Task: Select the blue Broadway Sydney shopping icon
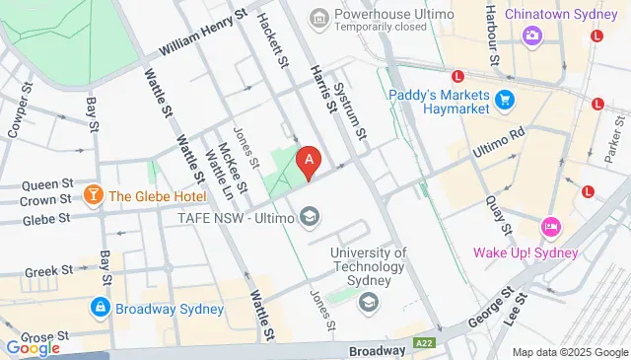[101, 307]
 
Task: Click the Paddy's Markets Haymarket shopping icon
[506, 100]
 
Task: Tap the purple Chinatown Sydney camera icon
[533, 35]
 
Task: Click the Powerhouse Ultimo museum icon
[318, 18]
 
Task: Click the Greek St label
[49, 269]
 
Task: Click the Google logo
[32, 347]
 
